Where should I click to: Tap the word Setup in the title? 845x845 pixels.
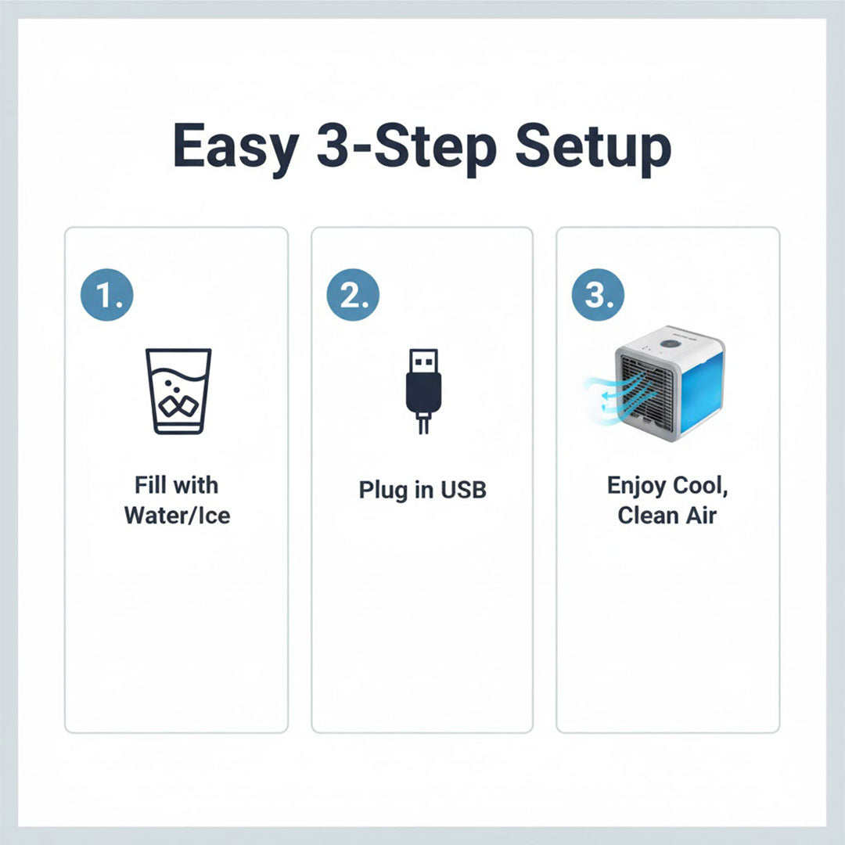click(x=593, y=147)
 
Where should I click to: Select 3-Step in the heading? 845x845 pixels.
click(x=406, y=147)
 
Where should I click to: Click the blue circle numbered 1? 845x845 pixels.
click(x=107, y=294)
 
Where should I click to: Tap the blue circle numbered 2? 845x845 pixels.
click(x=353, y=294)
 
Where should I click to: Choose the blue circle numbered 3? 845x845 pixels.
click(x=599, y=294)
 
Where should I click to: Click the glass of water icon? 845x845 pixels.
click(x=178, y=390)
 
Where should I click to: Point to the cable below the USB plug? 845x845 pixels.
click(x=422, y=424)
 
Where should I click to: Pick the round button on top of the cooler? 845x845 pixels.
click(x=670, y=343)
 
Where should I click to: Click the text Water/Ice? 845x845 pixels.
click(x=178, y=516)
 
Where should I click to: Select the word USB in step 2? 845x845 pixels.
click(x=463, y=490)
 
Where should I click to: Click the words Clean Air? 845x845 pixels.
click(x=667, y=516)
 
